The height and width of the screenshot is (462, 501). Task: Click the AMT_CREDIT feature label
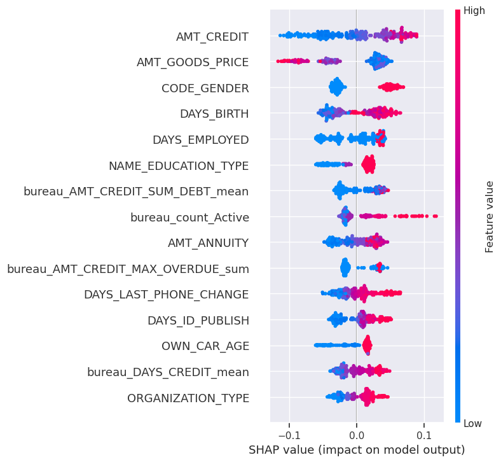(212, 36)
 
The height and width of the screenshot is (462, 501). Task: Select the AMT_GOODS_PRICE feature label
(193, 62)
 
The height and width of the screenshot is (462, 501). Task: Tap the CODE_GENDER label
(205, 88)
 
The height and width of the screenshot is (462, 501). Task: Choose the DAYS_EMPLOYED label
(200, 140)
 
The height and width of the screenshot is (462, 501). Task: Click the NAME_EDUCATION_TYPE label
(179, 166)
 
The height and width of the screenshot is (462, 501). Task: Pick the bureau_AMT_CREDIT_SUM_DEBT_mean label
(136, 192)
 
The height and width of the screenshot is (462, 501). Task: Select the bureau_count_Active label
(189, 218)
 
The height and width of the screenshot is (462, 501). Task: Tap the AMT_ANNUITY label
(208, 243)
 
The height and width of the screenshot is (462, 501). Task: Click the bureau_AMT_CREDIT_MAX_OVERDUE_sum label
(128, 269)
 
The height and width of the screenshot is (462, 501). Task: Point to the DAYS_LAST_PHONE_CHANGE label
(166, 295)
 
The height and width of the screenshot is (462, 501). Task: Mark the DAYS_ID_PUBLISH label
(198, 321)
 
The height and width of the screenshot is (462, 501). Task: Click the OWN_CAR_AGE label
(205, 346)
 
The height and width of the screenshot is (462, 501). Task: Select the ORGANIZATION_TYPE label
(188, 398)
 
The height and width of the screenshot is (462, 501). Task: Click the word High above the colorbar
(474, 10)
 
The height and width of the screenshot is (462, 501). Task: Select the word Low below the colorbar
(474, 423)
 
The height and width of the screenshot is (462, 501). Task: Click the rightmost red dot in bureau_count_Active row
(436, 216)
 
